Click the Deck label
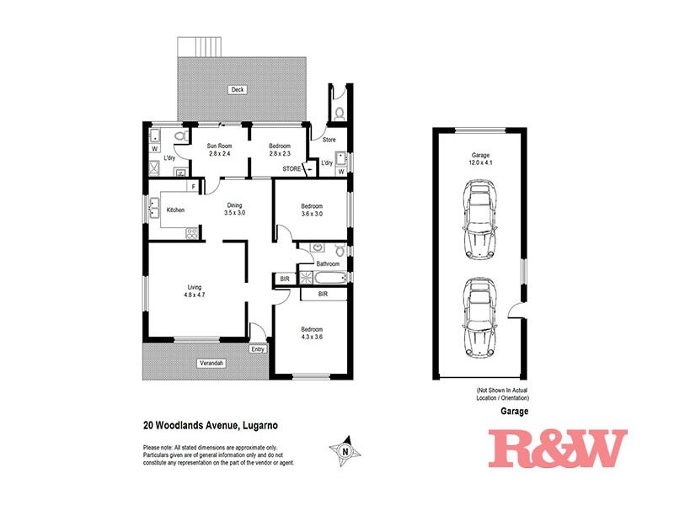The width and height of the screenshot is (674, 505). (x=238, y=89)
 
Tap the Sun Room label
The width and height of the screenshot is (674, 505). (x=220, y=146)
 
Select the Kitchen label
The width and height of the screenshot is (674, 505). (x=175, y=210)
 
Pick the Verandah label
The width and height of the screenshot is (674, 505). (x=187, y=363)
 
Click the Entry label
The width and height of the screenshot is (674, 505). (x=257, y=349)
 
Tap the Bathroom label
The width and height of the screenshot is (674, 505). (x=328, y=263)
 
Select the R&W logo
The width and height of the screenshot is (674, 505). (x=558, y=448)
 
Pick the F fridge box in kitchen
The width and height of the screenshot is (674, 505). (x=193, y=186)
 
